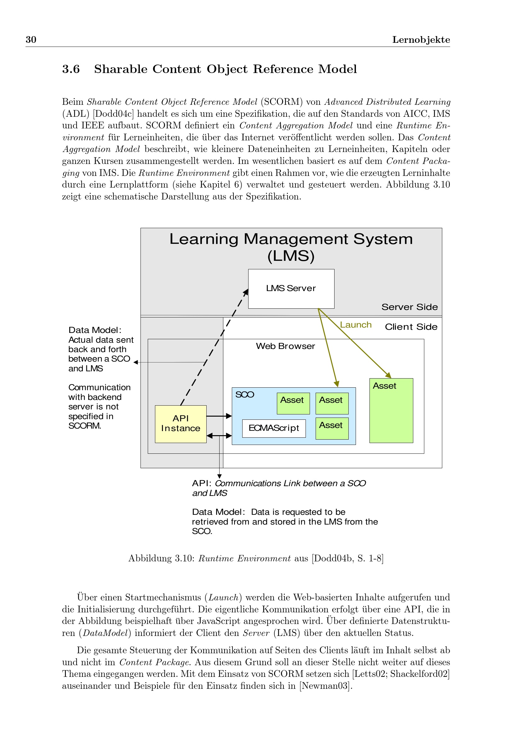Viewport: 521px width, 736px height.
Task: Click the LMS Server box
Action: pyautogui.click(x=291, y=289)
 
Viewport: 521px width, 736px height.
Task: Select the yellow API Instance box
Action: pyautogui.click(x=180, y=424)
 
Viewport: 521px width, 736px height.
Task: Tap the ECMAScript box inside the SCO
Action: pyautogui.click(x=274, y=428)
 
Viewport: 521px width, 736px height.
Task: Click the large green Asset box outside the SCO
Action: pyautogui.click(x=391, y=410)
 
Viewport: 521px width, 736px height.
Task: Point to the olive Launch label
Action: pyautogui.click(x=355, y=325)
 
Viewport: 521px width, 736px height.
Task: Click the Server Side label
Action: pyautogui.click(x=409, y=307)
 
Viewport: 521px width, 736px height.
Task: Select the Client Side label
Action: pyautogui.click(x=411, y=327)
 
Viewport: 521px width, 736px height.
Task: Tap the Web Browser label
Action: pyautogui.click(x=285, y=346)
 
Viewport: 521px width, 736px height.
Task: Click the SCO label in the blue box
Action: pyautogui.click(x=244, y=395)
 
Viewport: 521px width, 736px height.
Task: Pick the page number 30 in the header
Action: pyautogui.click(x=31, y=39)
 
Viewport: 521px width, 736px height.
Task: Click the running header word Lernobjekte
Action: pyautogui.click(x=421, y=40)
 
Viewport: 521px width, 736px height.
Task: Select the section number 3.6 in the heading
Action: pyautogui.click(x=71, y=69)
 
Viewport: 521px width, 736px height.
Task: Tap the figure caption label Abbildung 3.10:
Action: pyautogui.click(x=161, y=558)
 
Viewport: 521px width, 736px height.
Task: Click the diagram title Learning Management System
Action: pyautogui.click(x=291, y=239)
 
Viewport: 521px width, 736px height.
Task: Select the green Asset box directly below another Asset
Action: pyautogui.click(x=332, y=428)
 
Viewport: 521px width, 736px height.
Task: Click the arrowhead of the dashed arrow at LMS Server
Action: pyautogui.click(x=246, y=291)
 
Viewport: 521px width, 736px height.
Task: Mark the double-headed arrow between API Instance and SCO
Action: pyautogui.click(x=219, y=435)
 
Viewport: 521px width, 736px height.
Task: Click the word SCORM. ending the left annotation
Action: pyautogui.click(x=85, y=426)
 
